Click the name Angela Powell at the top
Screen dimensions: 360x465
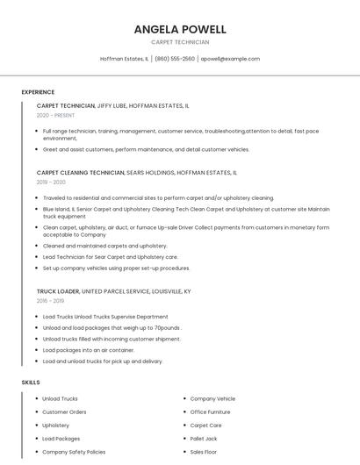pos(180,29)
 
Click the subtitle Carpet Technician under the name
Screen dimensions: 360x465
pos(180,42)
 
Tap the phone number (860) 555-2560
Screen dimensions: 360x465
pos(176,59)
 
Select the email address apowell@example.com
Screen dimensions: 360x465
pos(230,59)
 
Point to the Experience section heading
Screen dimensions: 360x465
pos(38,92)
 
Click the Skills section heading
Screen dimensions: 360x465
pos(31,383)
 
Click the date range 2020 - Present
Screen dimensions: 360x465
pos(55,115)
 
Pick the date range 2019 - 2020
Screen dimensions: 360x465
pos(51,182)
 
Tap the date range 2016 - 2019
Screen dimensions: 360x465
pos(50,300)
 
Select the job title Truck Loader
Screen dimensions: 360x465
pos(58,290)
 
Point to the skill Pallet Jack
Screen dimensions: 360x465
pos(204,439)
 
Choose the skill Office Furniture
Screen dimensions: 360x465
pos(210,411)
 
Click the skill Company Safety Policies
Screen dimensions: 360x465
pos(74,452)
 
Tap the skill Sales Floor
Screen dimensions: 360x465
pos(204,452)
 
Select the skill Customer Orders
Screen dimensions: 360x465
pos(64,411)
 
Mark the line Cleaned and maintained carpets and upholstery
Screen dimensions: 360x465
pos(104,246)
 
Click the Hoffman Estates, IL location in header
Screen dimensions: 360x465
pos(124,59)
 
